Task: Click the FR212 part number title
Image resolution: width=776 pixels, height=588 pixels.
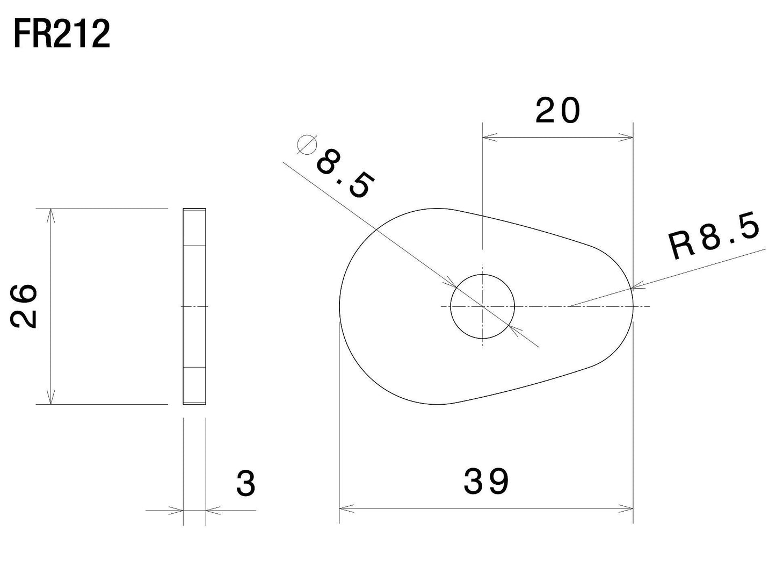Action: point(62,34)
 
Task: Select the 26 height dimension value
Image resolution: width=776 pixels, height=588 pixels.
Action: point(24,306)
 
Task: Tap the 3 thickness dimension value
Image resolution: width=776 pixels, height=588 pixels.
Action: point(246,484)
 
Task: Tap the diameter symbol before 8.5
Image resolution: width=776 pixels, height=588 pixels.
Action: point(307,145)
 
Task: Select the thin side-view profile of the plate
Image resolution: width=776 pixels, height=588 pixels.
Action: point(194,306)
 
